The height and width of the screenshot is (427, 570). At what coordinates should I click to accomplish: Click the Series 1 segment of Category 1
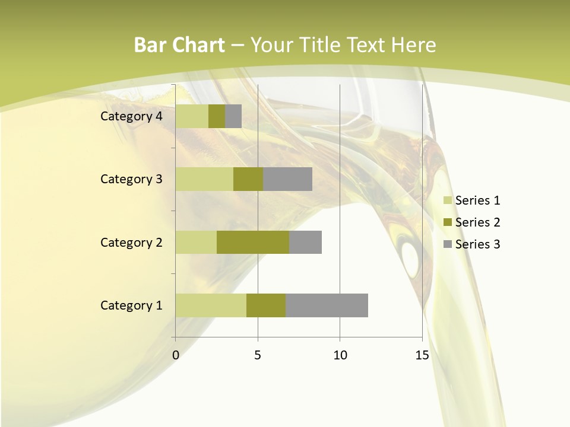pos(211,305)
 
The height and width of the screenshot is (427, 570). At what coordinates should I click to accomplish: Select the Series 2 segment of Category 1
pos(266,305)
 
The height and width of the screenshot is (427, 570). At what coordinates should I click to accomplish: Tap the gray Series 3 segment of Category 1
pos(327,305)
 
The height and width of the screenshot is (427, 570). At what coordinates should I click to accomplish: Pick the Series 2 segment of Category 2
pos(253,242)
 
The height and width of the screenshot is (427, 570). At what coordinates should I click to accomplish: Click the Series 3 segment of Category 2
pos(305,242)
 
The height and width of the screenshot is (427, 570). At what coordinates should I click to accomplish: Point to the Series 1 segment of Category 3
pos(204,179)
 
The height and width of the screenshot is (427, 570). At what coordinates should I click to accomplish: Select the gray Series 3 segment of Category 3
pos(287,179)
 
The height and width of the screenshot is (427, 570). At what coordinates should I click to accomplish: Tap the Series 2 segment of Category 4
pos(217,116)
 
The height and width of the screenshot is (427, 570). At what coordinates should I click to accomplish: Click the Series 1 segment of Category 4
pos(192,116)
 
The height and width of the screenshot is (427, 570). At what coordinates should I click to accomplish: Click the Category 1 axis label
pos(131,305)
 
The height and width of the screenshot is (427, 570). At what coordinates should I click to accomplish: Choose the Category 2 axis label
pos(131,243)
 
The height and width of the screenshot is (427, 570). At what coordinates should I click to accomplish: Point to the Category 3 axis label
pos(131,179)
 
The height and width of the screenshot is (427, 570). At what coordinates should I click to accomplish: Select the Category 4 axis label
pos(131,116)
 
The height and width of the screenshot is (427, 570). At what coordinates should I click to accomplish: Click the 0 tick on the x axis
pos(176,355)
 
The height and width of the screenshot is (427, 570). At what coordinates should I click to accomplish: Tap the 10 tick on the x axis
pos(340,355)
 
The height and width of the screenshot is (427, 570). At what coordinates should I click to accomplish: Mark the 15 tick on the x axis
pos(422,355)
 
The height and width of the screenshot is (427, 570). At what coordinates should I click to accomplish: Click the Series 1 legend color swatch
pos(447,200)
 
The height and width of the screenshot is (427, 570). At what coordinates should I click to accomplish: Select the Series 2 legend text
pos(477,222)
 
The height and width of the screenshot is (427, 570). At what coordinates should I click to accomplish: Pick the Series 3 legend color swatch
pos(447,244)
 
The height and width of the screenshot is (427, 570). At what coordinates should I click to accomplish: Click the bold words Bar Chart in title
pos(179,45)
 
